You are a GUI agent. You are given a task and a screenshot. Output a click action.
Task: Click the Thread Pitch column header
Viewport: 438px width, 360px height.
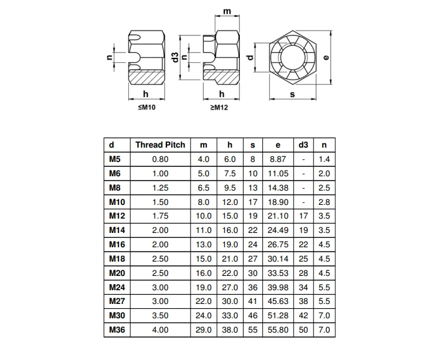(160, 145)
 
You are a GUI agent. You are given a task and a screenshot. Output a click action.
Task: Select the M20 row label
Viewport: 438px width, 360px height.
(117, 273)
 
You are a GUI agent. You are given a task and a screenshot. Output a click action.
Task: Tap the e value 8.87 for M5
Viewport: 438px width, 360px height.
(278, 159)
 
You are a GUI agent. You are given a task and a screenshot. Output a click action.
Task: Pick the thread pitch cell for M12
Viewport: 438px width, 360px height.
(160, 216)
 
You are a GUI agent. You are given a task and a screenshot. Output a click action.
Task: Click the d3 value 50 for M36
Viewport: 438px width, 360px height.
(303, 330)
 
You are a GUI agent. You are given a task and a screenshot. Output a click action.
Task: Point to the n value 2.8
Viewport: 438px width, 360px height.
(324, 202)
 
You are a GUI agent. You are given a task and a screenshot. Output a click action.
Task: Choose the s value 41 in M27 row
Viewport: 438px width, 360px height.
(252, 301)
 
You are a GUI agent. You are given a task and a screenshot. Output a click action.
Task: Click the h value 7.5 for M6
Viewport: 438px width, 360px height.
(230, 173)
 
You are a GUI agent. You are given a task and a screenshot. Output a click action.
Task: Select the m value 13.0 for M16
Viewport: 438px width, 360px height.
(203, 244)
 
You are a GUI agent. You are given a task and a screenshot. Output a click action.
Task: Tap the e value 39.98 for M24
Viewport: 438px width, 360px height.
(278, 287)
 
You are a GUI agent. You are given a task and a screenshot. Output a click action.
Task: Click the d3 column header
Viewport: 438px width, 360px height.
(303, 145)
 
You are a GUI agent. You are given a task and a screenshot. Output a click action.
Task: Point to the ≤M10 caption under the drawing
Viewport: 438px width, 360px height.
(146, 107)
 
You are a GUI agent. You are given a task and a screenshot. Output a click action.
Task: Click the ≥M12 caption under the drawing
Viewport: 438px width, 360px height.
(219, 107)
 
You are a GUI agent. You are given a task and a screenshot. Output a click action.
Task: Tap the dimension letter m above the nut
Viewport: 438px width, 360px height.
(227, 11)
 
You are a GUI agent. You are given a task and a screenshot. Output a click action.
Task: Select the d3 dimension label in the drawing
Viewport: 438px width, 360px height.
(175, 57)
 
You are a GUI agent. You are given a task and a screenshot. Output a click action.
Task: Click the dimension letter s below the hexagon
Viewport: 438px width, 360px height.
(292, 95)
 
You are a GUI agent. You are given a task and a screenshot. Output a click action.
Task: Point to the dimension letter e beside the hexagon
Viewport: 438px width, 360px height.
(326, 57)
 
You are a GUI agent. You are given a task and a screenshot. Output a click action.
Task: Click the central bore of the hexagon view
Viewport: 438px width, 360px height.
(292, 58)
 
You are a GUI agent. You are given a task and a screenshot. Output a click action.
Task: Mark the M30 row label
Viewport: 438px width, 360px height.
(117, 316)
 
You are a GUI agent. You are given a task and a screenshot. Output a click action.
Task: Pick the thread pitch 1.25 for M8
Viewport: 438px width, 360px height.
(160, 187)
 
